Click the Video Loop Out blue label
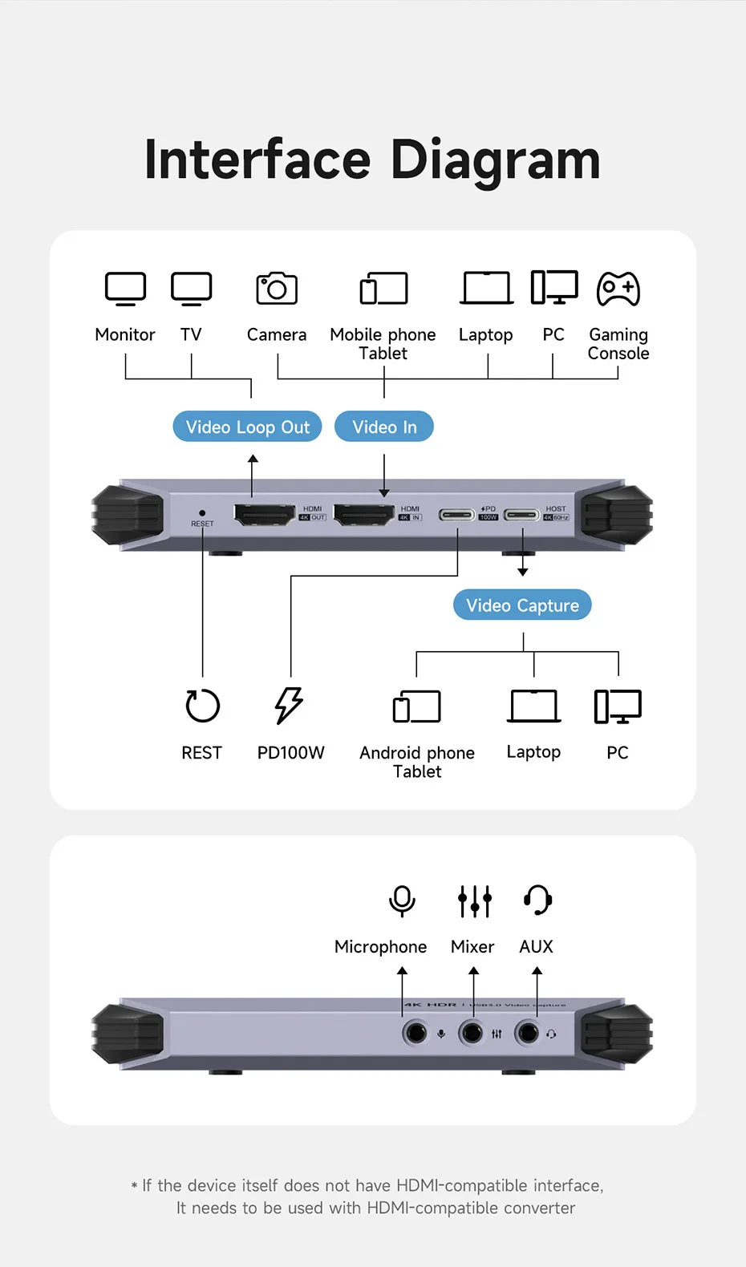(x=247, y=427)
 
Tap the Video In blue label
(x=384, y=427)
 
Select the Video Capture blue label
(x=522, y=605)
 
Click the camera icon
(x=277, y=289)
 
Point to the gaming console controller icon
(x=618, y=289)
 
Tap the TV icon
(x=191, y=289)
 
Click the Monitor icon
(x=126, y=289)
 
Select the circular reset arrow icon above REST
(x=202, y=706)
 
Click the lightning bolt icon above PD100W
(x=289, y=706)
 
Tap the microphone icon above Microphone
(x=402, y=901)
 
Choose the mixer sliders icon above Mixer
(x=474, y=901)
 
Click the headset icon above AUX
(x=537, y=900)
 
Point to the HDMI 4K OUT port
(x=264, y=514)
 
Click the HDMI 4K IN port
(x=363, y=514)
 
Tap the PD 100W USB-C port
(x=457, y=514)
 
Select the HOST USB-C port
(x=521, y=514)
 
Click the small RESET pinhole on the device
(x=202, y=513)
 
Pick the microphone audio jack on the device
(x=416, y=1032)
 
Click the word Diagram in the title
(x=495, y=160)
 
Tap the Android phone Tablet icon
(x=417, y=706)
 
